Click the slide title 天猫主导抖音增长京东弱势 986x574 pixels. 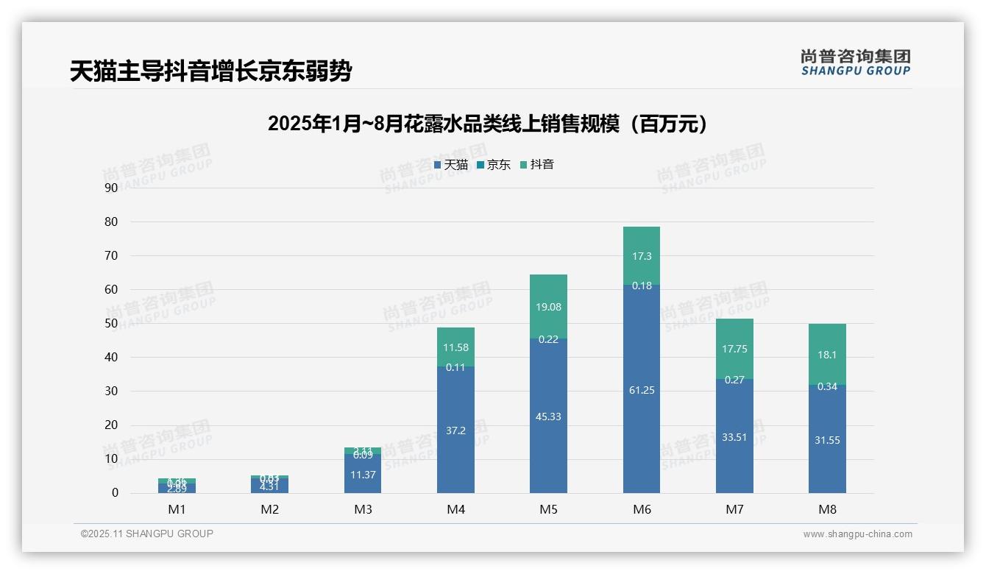coord(210,71)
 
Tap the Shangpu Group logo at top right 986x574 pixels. coord(855,63)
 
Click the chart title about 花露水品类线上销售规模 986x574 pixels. coord(489,124)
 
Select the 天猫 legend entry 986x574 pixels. coord(451,165)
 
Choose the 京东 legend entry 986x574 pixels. coord(494,165)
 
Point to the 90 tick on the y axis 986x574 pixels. coord(111,188)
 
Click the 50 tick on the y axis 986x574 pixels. coord(111,323)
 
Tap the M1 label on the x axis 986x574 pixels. coord(177,509)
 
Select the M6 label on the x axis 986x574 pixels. coord(642,509)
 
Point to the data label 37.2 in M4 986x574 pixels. coord(455,431)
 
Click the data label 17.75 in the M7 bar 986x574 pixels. coord(734,350)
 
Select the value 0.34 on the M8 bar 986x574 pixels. coord(827,386)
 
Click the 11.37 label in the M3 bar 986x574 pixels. coord(363,475)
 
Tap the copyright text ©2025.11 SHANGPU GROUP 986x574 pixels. coord(147,534)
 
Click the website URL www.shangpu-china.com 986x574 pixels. coord(857,534)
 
